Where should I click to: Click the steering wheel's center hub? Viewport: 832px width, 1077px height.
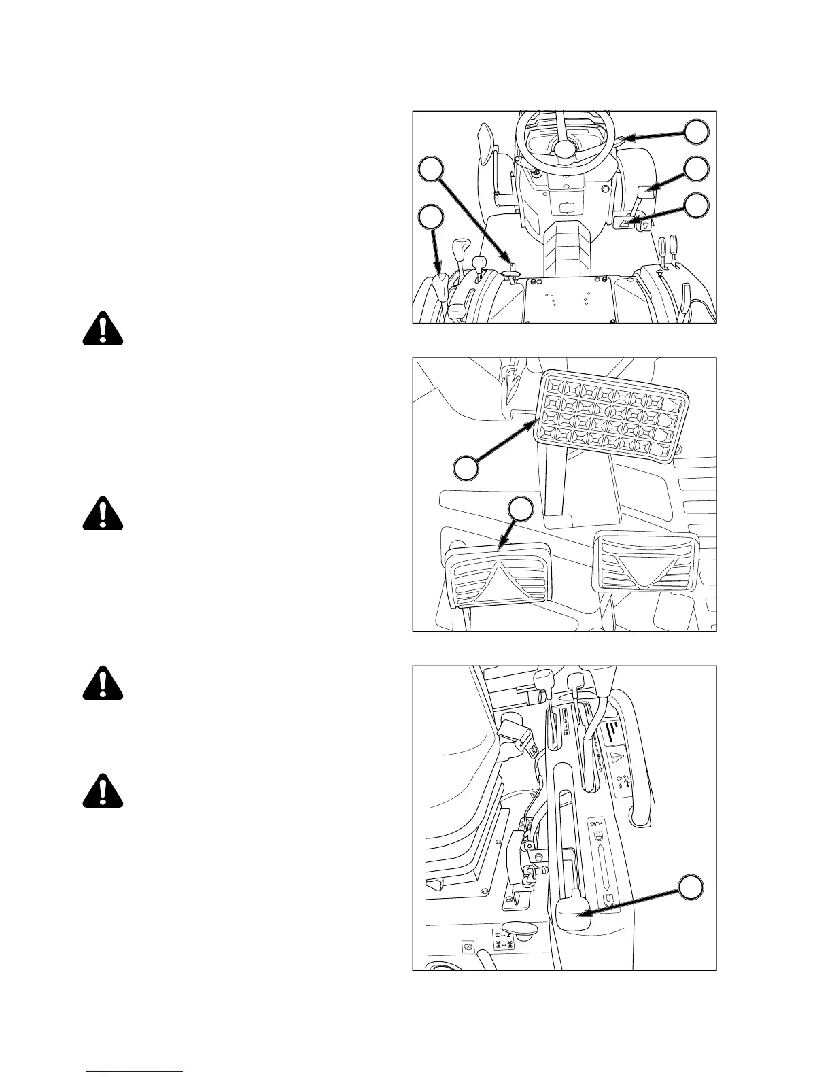(564, 148)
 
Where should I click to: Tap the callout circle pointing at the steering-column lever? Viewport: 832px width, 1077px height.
(695, 132)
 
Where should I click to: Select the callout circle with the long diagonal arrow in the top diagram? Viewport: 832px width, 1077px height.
(430, 169)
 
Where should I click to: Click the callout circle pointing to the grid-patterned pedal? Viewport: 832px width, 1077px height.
(466, 468)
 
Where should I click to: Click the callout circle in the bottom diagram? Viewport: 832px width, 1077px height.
(691, 888)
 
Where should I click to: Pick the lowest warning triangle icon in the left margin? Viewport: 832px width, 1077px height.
(103, 791)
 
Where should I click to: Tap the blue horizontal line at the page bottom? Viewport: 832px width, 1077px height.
(135, 1071)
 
